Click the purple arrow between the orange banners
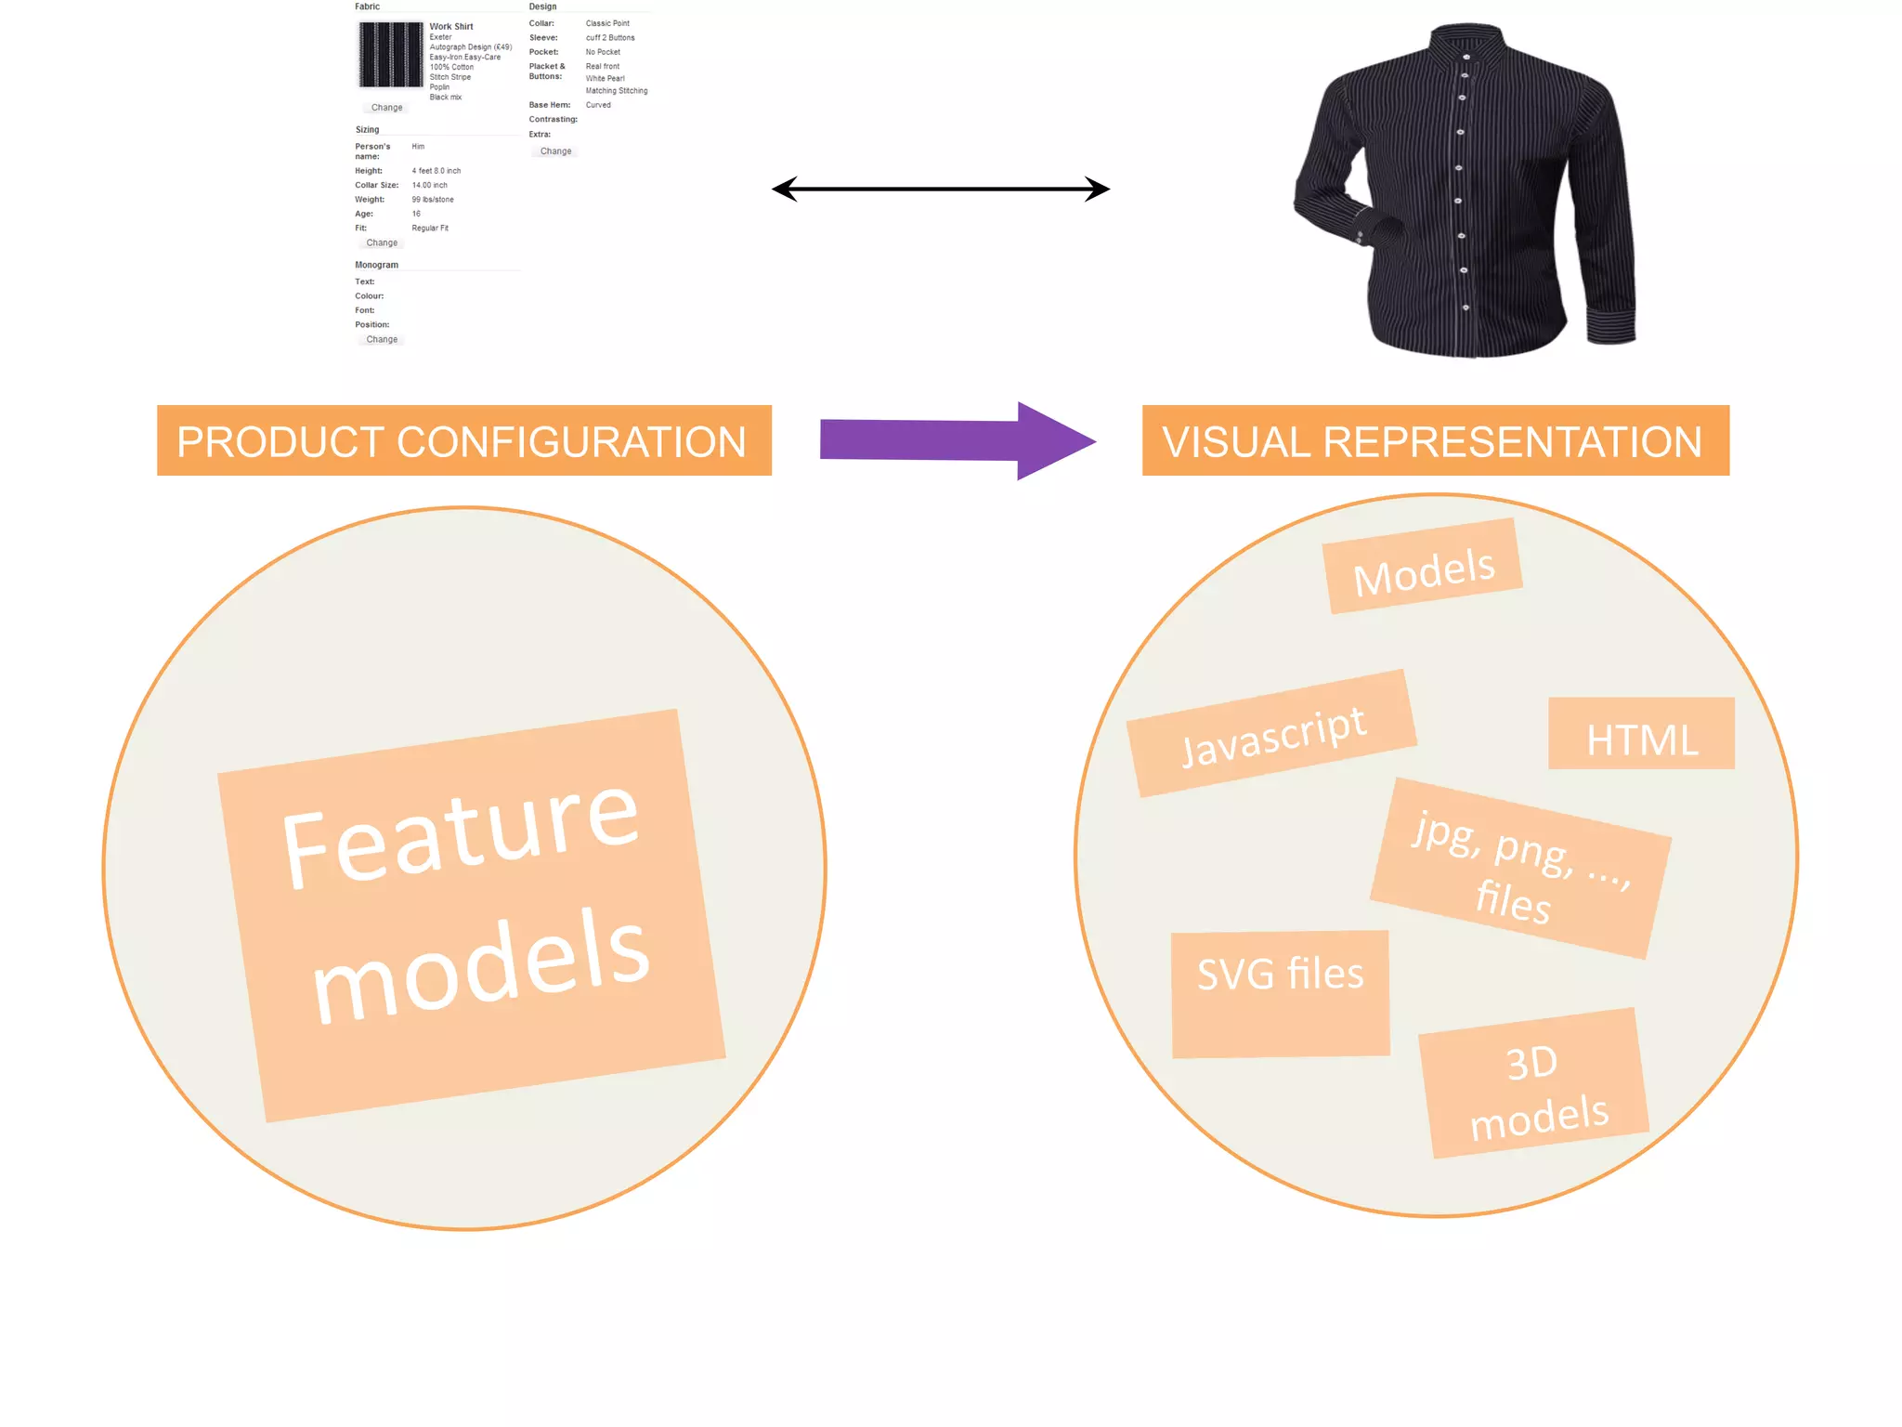(x=957, y=440)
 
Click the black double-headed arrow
(x=940, y=190)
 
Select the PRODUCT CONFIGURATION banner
(x=463, y=440)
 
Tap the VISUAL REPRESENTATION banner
(x=1435, y=440)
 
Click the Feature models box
(x=471, y=915)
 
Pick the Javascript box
(x=1271, y=733)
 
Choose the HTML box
(x=1641, y=733)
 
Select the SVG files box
(x=1280, y=993)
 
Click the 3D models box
(x=1534, y=1083)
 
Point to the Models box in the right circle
(x=1423, y=566)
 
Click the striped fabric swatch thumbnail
(x=390, y=55)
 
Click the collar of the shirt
(x=1467, y=42)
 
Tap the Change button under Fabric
(x=386, y=108)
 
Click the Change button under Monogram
(x=382, y=340)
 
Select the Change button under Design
(x=555, y=151)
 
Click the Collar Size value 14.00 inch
(x=430, y=186)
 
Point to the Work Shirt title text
(x=451, y=27)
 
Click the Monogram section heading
(x=376, y=265)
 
